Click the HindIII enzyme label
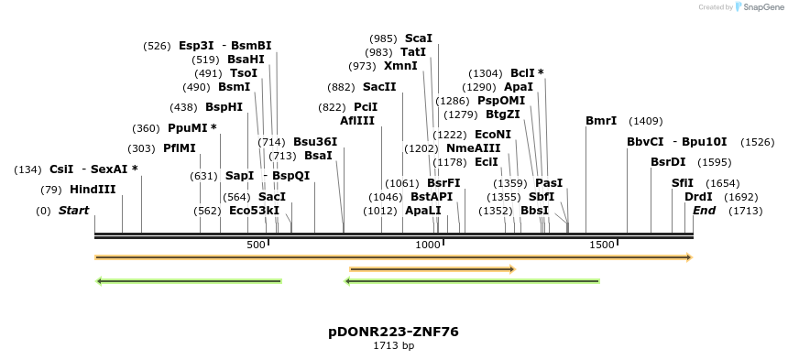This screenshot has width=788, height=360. (93, 190)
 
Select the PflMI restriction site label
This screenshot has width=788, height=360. (180, 148)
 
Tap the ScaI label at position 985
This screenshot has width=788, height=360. (418, 38)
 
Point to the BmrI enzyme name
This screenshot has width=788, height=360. (601, 121)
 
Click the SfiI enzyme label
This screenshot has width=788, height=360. (683, 183)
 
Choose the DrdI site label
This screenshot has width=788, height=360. (698, 197)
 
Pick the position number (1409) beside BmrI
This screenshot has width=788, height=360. (646, 121)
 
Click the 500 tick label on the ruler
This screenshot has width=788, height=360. (256, 245)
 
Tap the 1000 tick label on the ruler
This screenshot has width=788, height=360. (429, 245)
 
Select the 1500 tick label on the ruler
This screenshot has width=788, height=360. (601, 245)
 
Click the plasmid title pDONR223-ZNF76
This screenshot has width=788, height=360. (393, 332)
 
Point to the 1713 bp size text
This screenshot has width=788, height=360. (393, 346)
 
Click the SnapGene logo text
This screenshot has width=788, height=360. (760, 7)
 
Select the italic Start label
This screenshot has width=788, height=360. (73, 211)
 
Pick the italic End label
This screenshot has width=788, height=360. (704, 211)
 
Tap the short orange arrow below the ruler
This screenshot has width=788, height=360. (432, 269)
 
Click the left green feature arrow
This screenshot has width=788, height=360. (189, 281)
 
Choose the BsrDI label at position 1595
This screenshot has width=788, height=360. (668, 162)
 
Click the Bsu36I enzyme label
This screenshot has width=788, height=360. (315, 142)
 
